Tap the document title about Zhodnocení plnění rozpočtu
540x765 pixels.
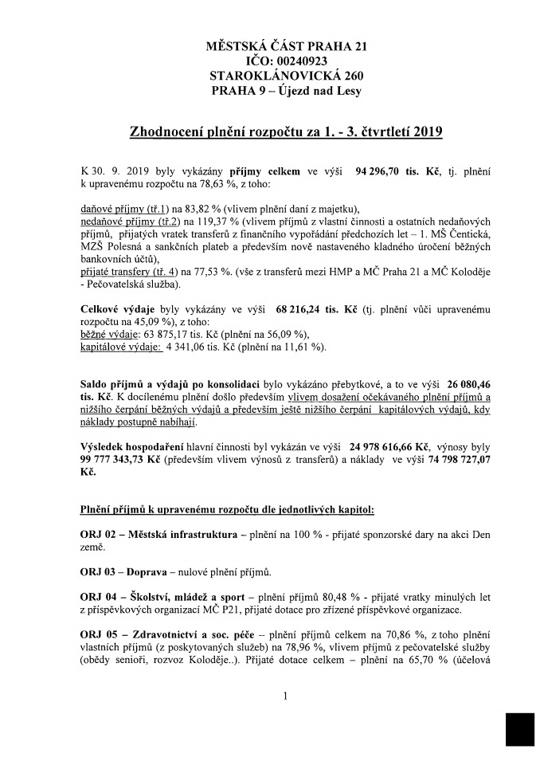286,131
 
